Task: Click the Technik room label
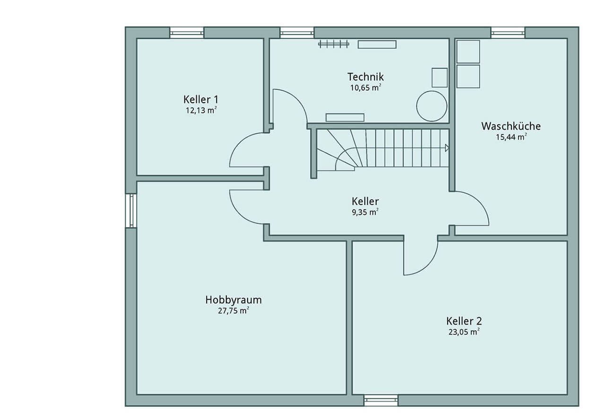click(365, 77)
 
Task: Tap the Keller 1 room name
click(201, 99)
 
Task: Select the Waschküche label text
click(511, 126)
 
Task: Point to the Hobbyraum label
click(233, 300)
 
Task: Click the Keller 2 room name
click(464, 321)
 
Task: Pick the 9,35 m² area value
click(365, 212)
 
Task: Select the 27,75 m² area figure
click(233, 311)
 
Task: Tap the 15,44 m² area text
click(511, 137)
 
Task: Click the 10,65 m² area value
click(366, 88)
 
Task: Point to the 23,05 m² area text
click(464, 332)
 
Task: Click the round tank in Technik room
click(432, 106)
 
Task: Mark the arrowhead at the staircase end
click(447, 148)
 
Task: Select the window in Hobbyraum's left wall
click(131, 211)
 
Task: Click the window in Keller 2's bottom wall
click(380, 400)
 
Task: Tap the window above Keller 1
click(187, 33)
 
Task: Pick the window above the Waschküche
click(508, 33)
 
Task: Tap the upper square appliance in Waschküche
click(468, 52)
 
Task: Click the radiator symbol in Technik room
click(334, 44)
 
